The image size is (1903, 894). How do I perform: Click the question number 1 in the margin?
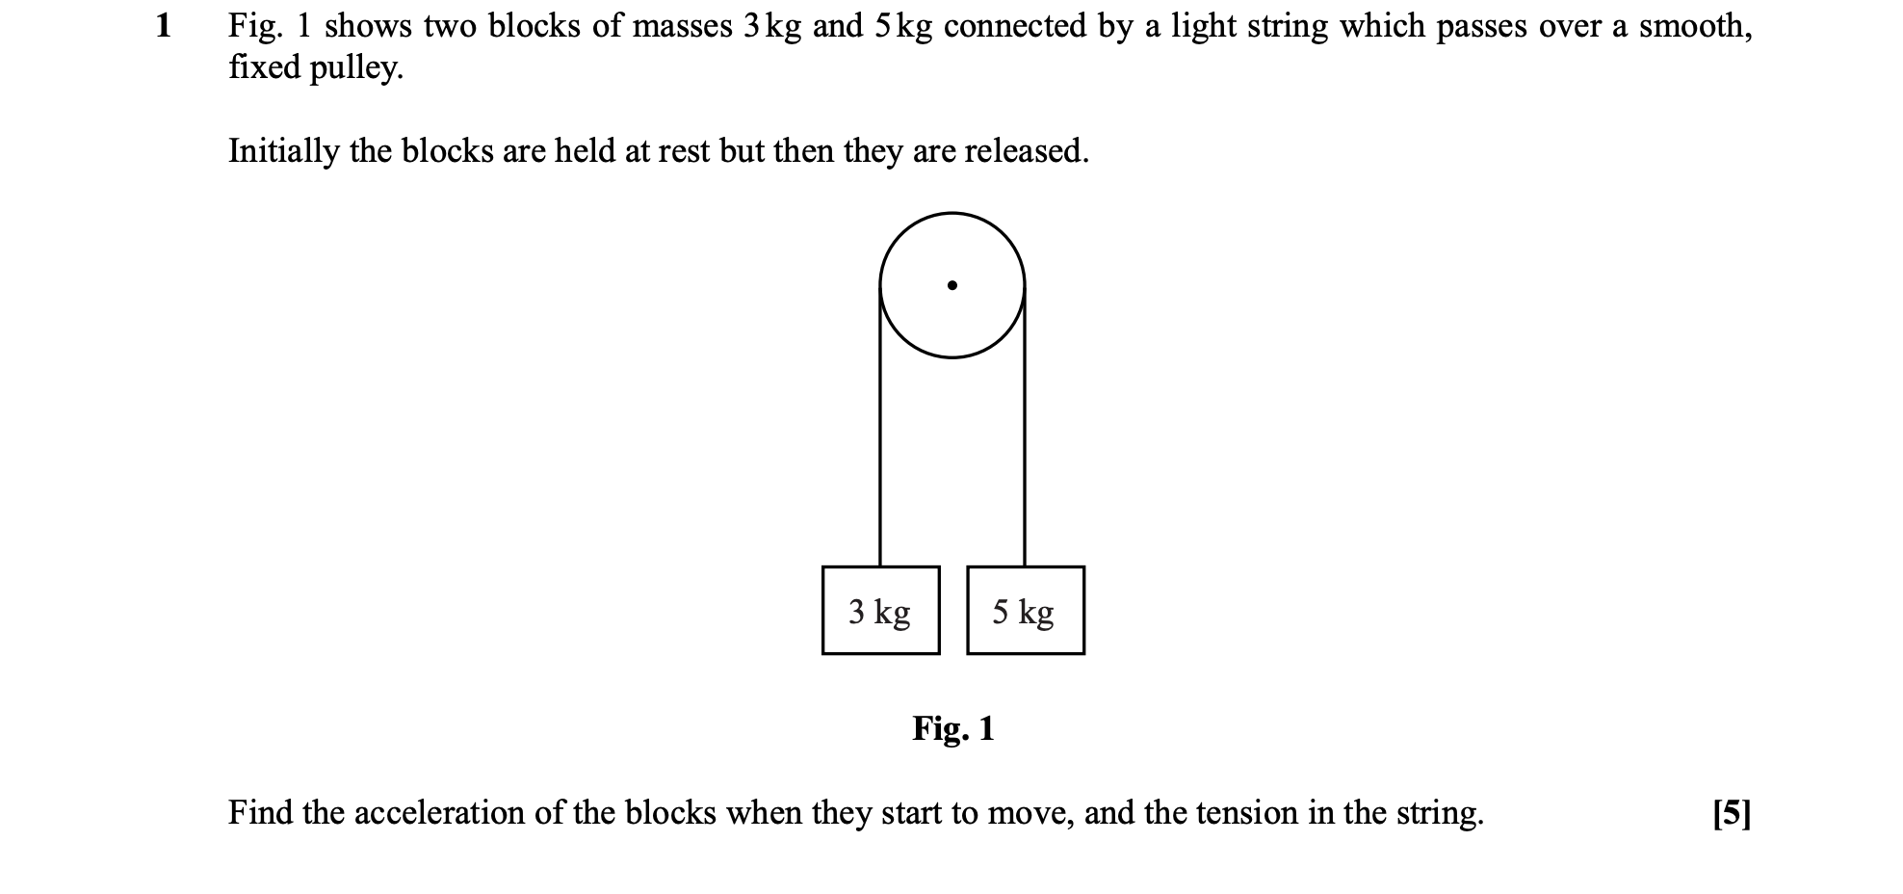pos(164,26)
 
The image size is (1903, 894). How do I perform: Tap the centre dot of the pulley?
pos(951,285)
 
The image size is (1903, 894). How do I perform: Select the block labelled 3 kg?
pos(880,611)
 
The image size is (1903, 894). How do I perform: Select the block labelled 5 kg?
pos(1025,611)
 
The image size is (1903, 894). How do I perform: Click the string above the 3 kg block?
pos(880,426)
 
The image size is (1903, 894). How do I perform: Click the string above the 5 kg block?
pos(1024,426)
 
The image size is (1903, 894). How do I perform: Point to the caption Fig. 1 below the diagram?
pos(953,728)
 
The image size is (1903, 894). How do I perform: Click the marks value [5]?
pos(1732,814)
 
